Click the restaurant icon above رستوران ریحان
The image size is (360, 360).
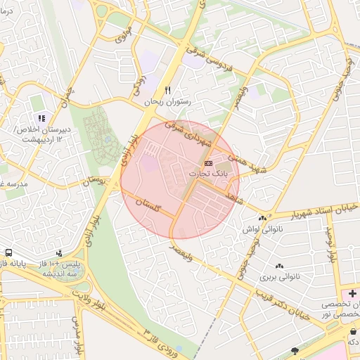(167, 91)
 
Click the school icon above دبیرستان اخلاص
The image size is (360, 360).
(41, 118)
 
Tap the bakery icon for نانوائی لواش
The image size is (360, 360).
(263, 219)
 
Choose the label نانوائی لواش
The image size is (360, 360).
(262, 230)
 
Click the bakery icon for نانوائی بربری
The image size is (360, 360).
(280, 266)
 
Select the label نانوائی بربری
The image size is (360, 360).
(280, 276)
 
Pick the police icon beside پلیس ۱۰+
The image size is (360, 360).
(59, 252)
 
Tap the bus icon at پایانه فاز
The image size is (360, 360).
(8, 252)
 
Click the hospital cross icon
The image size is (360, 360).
(352, 292)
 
